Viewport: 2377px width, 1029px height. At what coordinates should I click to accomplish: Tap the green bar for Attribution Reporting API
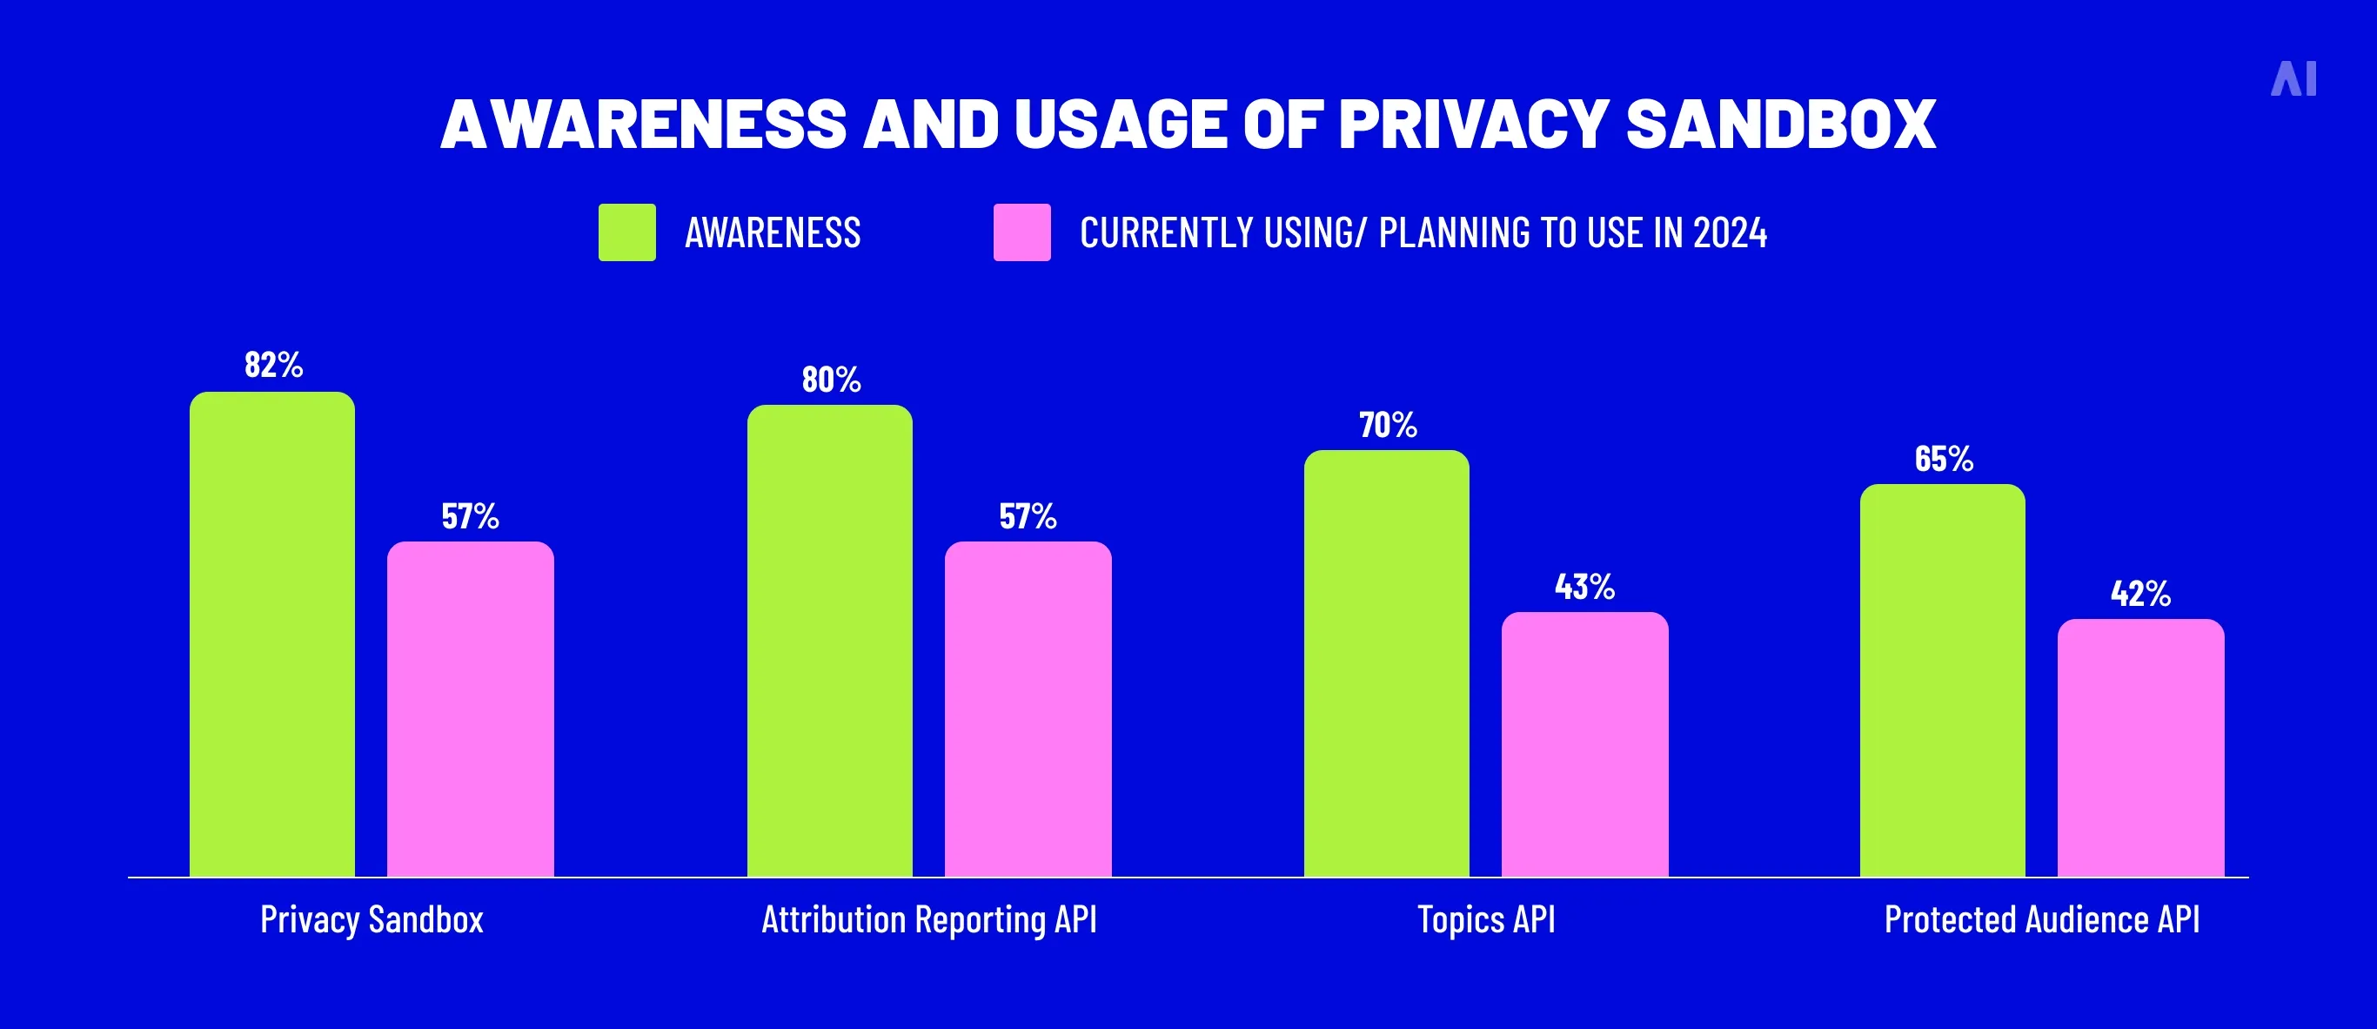pos(829,641)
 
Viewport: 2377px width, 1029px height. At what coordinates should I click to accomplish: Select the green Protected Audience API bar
pos(1942,680)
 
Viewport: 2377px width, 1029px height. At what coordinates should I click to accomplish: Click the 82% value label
pos(273,365)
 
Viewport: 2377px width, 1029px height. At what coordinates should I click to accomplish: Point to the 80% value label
pos(831,380)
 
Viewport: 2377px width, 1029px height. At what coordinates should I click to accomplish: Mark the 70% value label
pos(1387,425)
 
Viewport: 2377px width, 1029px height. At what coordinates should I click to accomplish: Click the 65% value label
pos(1944,459)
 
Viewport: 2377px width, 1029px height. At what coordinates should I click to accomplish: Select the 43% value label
pos(1584,586)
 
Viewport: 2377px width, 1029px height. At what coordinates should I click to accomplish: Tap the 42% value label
pos(2140,594)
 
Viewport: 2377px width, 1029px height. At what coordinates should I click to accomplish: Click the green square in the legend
pos(626,232)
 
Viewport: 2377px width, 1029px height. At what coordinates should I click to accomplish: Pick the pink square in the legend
pos(1021,232)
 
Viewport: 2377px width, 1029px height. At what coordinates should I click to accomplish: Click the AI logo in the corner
pos(2293,79)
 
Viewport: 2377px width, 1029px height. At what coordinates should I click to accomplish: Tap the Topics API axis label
pos(1486,919)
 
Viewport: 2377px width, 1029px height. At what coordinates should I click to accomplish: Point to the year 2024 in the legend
pos(1731,232)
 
